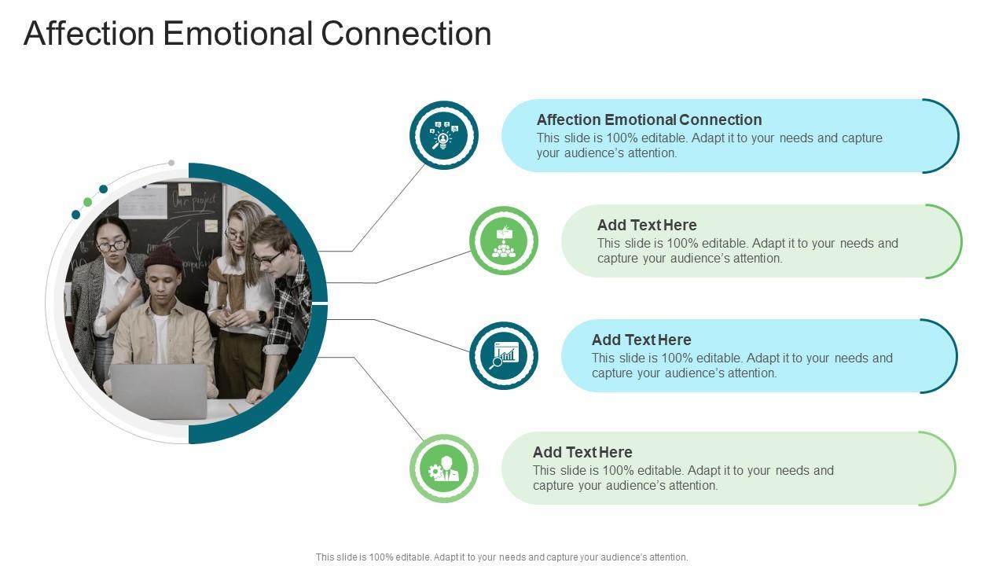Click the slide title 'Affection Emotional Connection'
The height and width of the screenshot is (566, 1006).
[257, 34]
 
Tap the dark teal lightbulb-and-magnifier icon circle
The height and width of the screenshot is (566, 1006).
[444, 135]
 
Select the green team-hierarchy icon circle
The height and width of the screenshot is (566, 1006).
[504, 241]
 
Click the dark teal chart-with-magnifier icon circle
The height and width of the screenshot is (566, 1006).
[504, 355]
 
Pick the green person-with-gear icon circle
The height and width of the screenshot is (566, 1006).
[444, 469]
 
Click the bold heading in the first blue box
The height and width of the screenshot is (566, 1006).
[649, 119]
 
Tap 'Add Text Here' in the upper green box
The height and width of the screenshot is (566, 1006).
[647, 225]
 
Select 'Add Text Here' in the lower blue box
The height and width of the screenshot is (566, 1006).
[641, 340]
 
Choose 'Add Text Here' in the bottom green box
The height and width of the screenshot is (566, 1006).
[582, 452]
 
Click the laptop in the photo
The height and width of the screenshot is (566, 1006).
[159, 391]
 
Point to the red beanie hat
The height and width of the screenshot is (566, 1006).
[163, 257]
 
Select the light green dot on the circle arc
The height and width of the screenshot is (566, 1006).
[88, 202]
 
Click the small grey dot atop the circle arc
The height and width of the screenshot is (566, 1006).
[171, 163]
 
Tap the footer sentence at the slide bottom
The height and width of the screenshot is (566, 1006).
[501, 557]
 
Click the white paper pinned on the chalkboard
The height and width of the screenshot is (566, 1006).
[142, 201]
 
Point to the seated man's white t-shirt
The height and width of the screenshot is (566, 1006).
[161, 338]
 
